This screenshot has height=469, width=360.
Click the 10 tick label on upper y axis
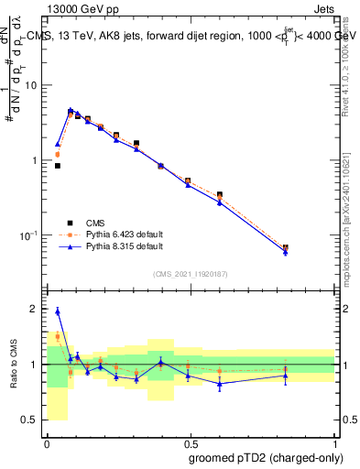point(34,85)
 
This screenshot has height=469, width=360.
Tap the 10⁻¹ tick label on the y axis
point(32,235)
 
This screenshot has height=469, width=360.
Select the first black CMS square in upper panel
point(58,166)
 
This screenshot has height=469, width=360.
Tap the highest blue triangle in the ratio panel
point(58,311)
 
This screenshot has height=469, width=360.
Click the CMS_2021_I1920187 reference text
point(190,273)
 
